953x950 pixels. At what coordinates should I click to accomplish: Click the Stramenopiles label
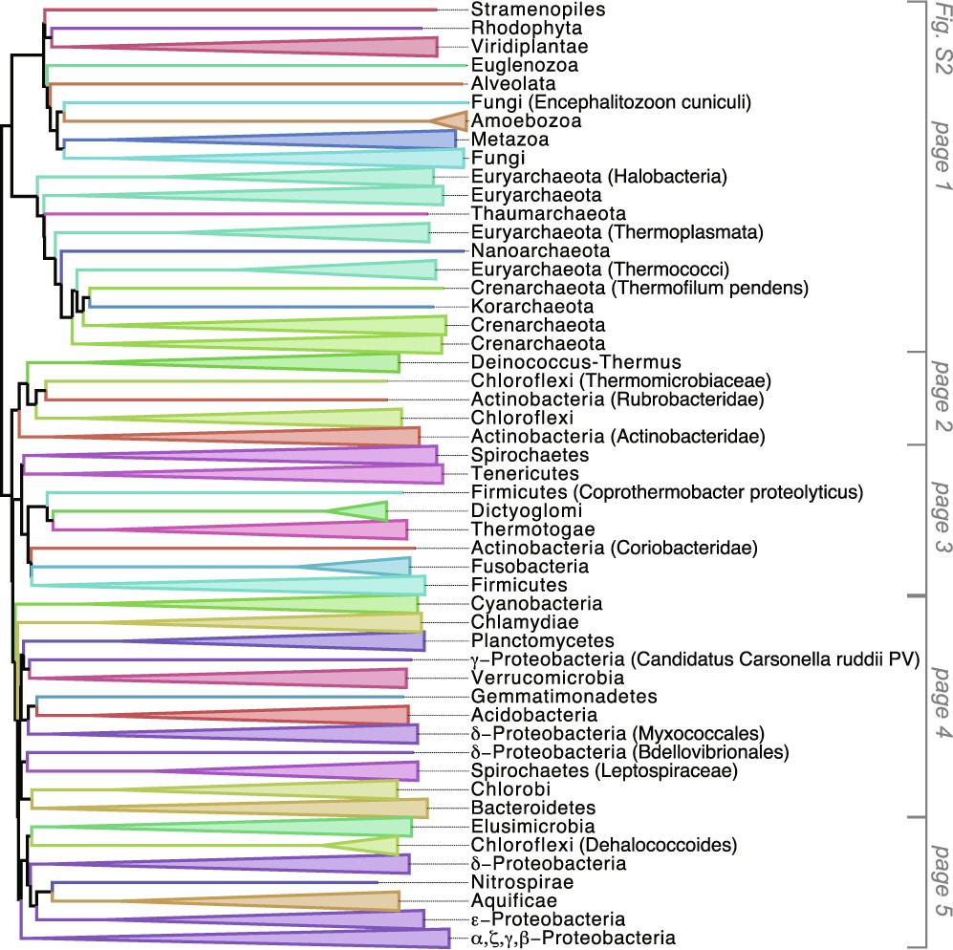point(525,10)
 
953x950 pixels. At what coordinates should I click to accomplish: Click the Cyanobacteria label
point(536,603)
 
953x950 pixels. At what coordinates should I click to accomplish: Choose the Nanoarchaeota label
point(541,250)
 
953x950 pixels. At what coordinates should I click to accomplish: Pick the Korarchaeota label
point(532,306)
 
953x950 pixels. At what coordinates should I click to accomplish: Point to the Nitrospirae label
point(522,881)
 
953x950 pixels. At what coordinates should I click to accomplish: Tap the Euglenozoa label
point(524,65)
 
